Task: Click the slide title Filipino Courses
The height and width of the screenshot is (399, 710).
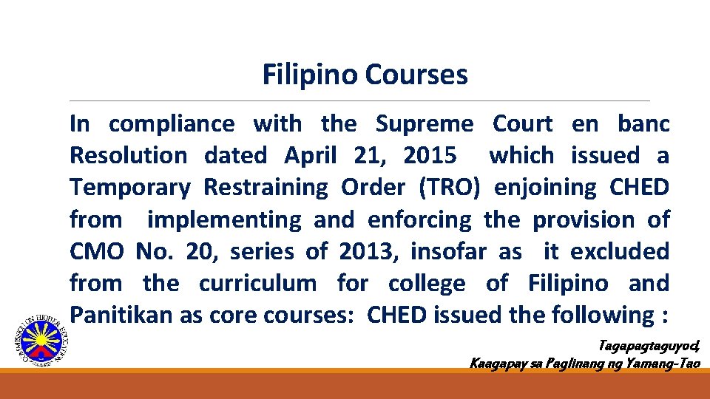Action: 365,75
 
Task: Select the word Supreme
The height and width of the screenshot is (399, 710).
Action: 424,124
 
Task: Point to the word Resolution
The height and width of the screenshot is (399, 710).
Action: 128,156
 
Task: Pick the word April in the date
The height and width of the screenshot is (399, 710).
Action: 311,156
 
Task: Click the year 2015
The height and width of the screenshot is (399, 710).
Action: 430,156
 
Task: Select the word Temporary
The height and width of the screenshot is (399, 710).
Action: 129,188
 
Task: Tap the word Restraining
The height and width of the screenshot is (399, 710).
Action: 266,188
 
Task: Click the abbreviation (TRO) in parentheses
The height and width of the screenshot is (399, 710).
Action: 450,188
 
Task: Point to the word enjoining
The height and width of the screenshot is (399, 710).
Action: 544,188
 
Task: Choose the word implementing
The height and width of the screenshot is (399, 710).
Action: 224,220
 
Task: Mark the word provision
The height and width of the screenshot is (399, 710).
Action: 584,220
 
